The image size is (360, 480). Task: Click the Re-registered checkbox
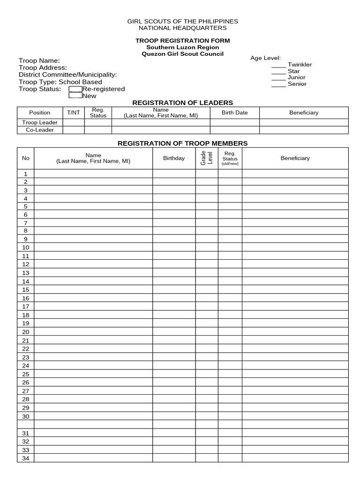click(75, 89)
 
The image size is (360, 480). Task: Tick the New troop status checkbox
click(75, 96)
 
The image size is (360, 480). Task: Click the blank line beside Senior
click(278, 84)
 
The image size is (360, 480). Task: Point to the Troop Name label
click(39, 61)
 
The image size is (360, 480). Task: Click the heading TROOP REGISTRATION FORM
click(183, 41)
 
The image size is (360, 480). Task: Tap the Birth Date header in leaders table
click(234, 112)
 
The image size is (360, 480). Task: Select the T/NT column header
click(74, 112)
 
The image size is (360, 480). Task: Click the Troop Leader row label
click(40, 122)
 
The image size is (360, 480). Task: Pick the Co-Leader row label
click(40, 130)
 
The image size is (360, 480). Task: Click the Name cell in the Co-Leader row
click(160, 130)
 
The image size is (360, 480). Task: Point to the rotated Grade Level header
click(206, 158)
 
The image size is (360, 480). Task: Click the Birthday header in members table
click(174, 158)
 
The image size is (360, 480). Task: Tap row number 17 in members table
click(26, 307)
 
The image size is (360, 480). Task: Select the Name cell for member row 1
click(93, 173)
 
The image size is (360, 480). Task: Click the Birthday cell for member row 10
click(174, 247)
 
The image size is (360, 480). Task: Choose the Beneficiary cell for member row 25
click(295, 374)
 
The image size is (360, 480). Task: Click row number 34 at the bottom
click(26, 458)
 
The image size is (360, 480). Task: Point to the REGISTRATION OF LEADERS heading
click(183, 103)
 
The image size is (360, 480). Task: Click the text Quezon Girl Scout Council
click(183, 54)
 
